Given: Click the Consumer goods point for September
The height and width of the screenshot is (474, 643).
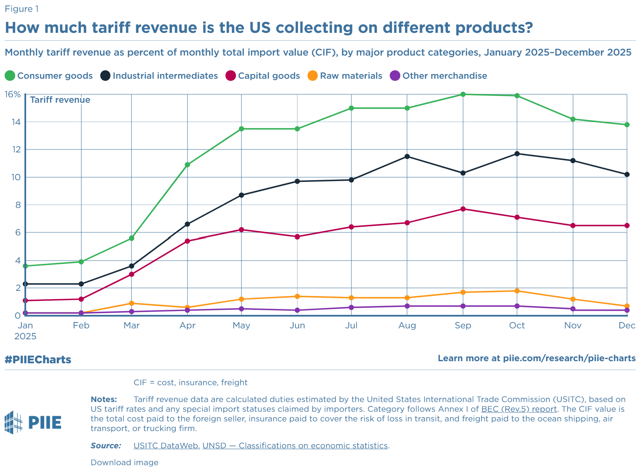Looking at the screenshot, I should [463, 94].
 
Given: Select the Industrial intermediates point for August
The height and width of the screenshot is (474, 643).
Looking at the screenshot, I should [407, 157].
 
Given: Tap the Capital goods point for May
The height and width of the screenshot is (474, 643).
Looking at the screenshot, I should [241, 230].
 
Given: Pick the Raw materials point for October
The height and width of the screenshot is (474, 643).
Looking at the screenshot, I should [517, 291].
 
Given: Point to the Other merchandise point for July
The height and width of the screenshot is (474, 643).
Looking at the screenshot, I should [351, 307].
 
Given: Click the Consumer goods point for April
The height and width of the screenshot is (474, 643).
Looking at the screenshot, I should [188, 165].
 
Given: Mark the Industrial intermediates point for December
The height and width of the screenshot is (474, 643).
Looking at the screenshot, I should [627, 174].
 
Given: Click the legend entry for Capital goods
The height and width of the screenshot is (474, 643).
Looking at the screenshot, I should [263, 76].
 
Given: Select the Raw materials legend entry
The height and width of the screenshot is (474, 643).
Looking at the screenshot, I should [345, 76].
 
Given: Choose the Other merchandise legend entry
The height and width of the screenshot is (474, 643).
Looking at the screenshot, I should [439, 76].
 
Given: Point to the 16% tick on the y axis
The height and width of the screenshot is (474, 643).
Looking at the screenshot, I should [12, 94].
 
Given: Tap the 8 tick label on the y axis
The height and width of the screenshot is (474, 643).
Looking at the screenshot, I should [16, 205].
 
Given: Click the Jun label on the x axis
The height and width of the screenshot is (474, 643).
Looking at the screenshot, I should [297, 325].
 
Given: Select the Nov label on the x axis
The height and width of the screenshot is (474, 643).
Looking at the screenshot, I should [573, 325].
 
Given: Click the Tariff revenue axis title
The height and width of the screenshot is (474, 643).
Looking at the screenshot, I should [60, 100].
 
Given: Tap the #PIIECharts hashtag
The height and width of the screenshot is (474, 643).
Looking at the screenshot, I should [38, 359].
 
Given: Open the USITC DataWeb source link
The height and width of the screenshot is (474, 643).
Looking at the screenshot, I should [166, 446].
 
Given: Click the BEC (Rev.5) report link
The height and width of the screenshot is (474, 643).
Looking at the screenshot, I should [519, 409].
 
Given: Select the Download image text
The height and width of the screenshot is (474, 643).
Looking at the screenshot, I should [124, 463].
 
